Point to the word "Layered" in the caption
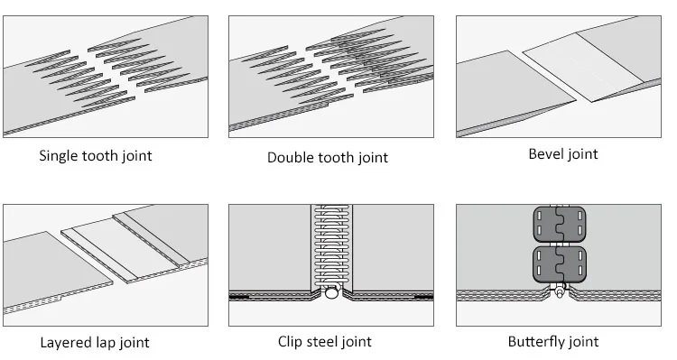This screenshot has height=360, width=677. pyautogui.click(x=65, y=342)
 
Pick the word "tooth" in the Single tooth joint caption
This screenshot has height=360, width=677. pyautogui.click(x=103, y=155)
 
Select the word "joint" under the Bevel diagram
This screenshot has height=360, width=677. pyautogui.click(x=583, y=153)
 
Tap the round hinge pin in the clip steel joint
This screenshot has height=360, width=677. pyautogui.click(x=331, y=292)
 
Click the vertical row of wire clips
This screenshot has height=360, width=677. pyautogui.click(x=331, y=244)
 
